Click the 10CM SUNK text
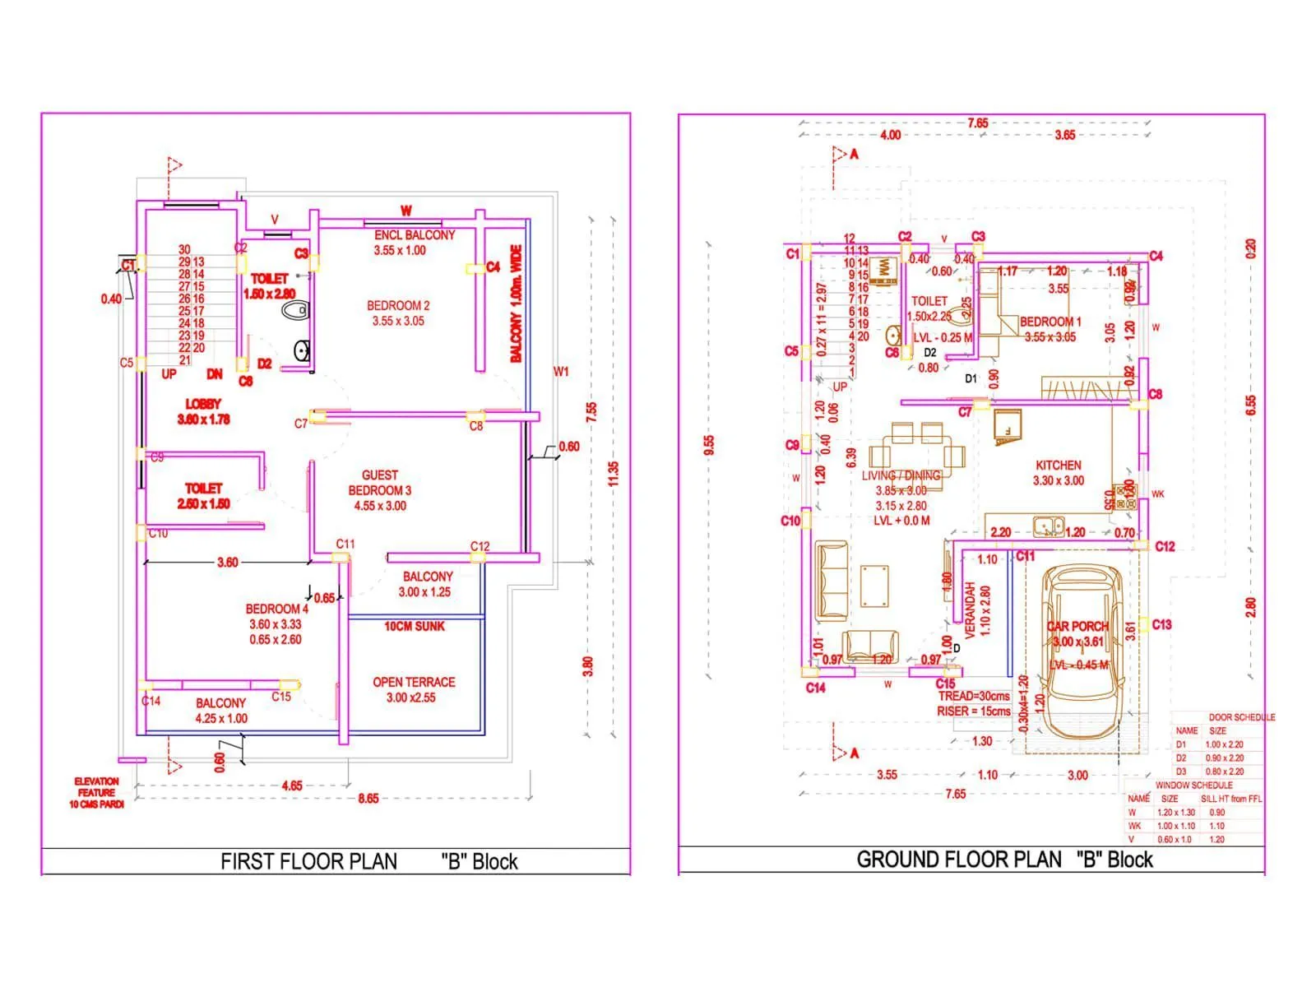[x=414, y=626]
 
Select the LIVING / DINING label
[x=901, y=475]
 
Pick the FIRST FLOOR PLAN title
[x=308, y=861]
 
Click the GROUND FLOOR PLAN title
[x=958, y=860]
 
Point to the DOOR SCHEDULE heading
[x=1241, y=717]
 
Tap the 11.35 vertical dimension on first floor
[x=613, y=474]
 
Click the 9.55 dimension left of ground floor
[x=709, y=445]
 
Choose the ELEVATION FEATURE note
[x=96, y=792]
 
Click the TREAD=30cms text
[x=974, y=696]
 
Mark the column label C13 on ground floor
[x=1161, y=624]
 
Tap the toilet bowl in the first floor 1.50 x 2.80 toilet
[x=294, y=310]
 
